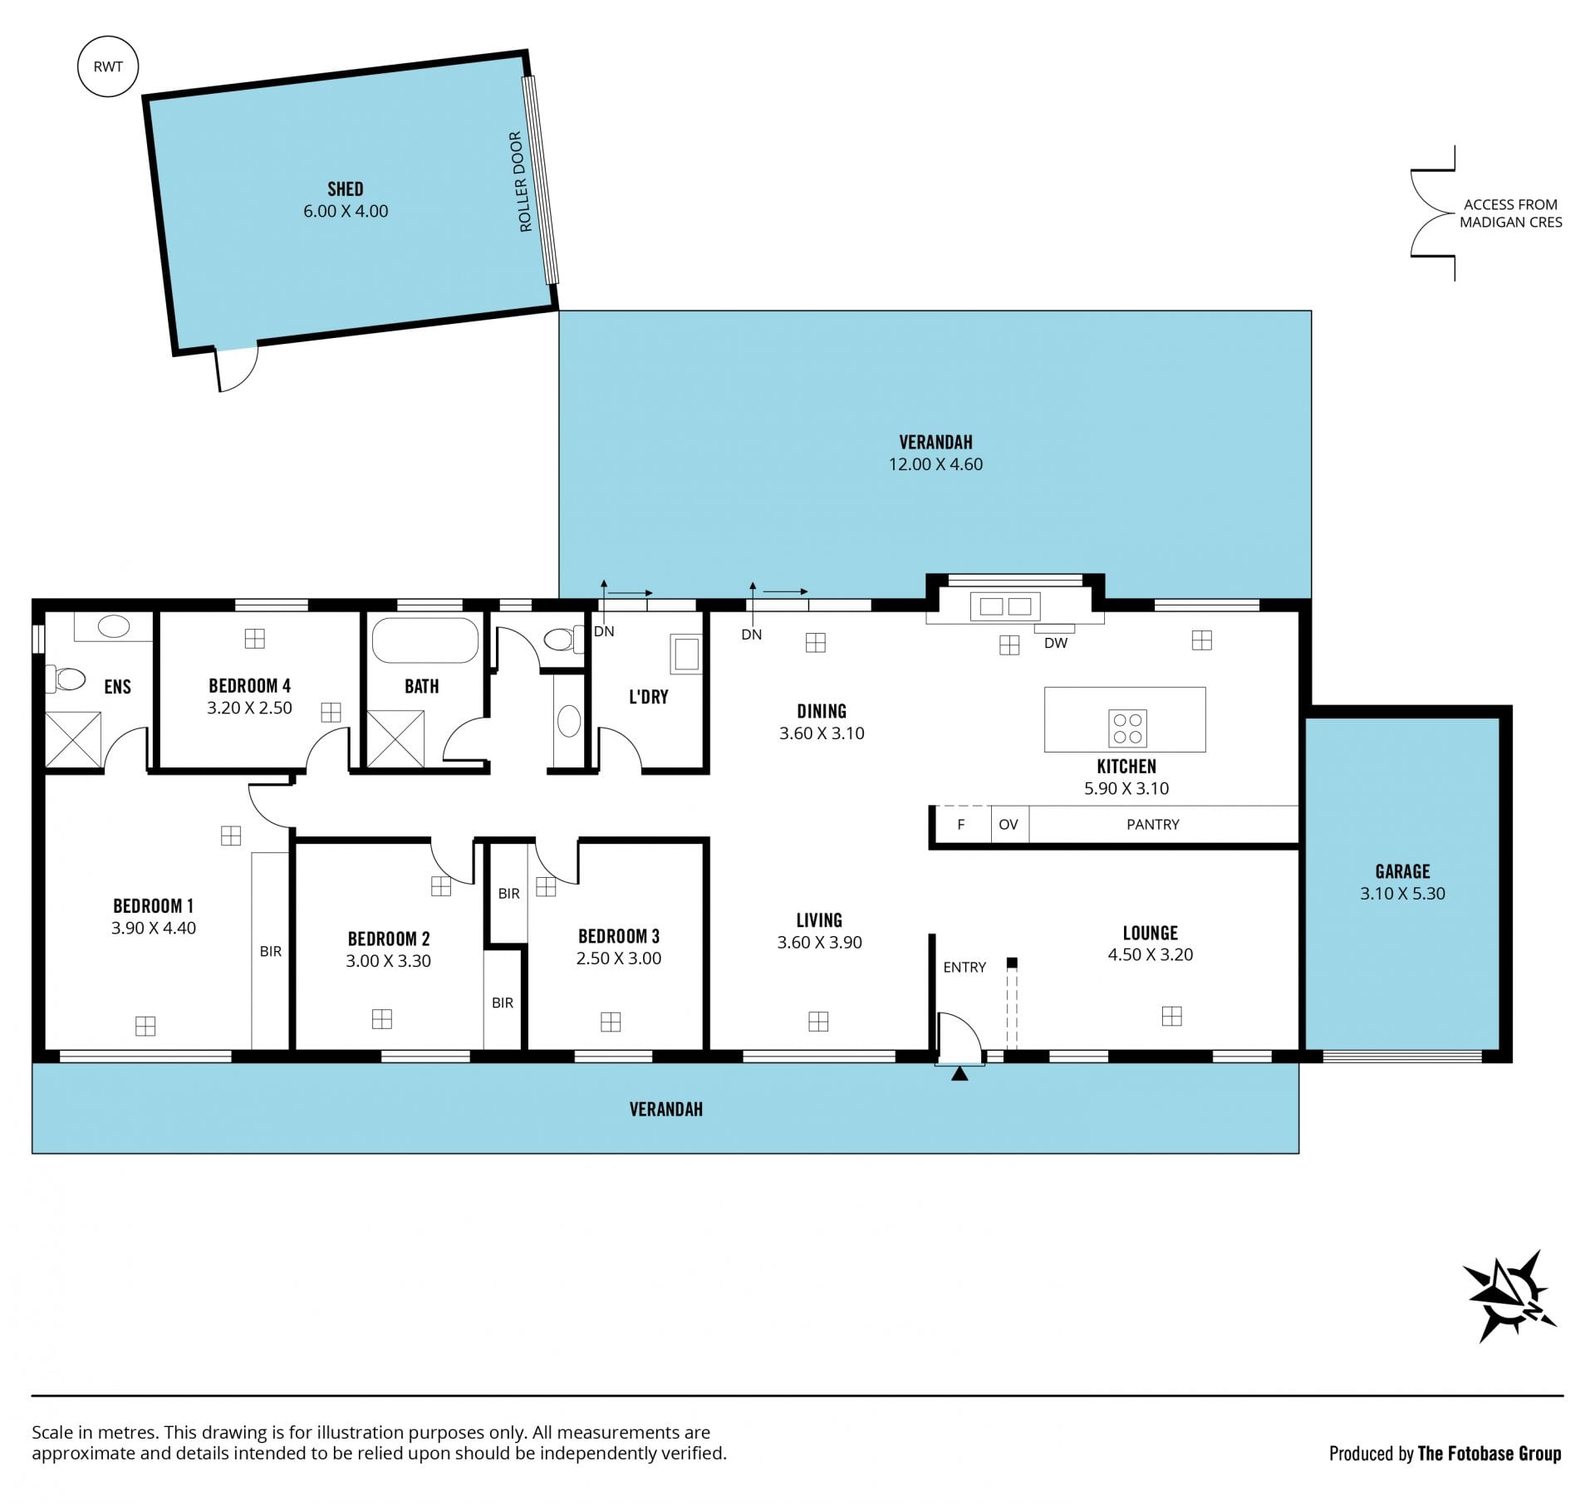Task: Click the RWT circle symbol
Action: (x=108, y=66)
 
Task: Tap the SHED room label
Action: (x=346, y=189)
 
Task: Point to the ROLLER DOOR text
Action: (x=520, y=182)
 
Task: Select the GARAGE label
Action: (x=1402, y=872)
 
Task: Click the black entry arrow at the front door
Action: (x=959, y=1074)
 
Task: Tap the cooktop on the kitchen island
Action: (x=1127, y=728)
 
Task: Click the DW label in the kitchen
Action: (x=1056, y=643)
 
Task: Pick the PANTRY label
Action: (x=1153, y=825)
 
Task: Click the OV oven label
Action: (x=1009, y=825)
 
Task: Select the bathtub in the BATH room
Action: (x=425, y=640)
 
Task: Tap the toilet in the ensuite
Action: (x=66, y=679)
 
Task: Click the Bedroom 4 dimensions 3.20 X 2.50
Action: (x=249, y=708)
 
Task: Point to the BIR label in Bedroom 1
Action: (x=271, y=952)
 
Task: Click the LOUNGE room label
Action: (x=1151, y=934)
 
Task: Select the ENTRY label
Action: (x=964, y=968)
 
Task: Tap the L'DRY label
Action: (x=649, y=698)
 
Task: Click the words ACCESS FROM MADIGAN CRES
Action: (x=1511, y=213)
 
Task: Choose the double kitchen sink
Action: (x=1005, y=607)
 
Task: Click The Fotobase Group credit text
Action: (x=1489, y=1454)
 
